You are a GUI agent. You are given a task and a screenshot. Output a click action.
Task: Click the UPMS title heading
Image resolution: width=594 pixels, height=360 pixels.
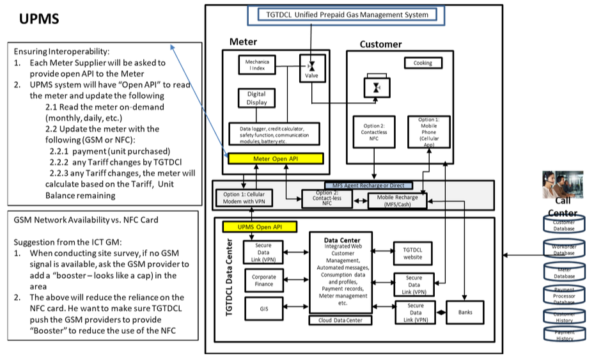(x=40, y=19)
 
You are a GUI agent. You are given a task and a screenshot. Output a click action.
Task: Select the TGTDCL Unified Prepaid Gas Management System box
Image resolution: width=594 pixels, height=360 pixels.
(x=347, y=15)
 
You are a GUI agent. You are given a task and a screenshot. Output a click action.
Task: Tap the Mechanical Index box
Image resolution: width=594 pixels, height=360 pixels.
(x=258, y=65)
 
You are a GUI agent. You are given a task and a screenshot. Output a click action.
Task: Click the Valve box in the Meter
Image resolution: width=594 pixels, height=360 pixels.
(x=312, y=67)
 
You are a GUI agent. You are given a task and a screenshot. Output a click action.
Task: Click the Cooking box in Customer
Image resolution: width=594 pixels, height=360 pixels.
(x=422, y=63)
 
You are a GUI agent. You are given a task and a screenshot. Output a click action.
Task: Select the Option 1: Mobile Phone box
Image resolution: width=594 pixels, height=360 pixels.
(x=428, y=132)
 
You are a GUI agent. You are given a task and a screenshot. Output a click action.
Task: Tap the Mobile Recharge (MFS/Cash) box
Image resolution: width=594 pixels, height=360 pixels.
(x=397, y=201)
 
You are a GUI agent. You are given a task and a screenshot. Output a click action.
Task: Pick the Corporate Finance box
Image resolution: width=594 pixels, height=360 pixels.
(x=263, y=281)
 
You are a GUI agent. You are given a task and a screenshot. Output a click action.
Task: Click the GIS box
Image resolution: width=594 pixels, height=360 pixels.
(x=263, y=309)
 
